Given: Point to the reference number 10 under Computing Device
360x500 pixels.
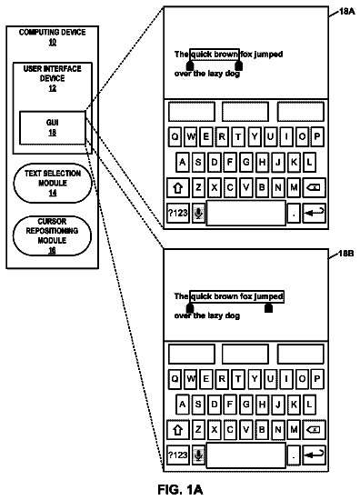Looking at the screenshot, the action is (x=53, y=42).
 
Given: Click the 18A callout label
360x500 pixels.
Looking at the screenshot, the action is (x=346, y=12).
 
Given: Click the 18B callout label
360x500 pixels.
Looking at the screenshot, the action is (x=346, y=254).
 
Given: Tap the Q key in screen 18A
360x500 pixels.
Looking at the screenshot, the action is (x=175, y=136).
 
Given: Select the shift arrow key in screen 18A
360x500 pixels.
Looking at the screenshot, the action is (x=178, y=187).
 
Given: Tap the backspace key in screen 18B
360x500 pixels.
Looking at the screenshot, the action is (x=314, y=430).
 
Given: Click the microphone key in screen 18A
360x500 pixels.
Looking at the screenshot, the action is (x=199, y=213).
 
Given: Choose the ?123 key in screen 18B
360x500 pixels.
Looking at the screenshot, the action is (x=178, y=455).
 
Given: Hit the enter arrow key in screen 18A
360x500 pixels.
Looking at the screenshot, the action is (x=314, y=213).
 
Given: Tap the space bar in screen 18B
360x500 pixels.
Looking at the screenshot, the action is (x=245, y=455).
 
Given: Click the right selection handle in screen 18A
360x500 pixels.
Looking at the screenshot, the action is (x=238, y=65).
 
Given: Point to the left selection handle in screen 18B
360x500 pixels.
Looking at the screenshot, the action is (x=190, y=308).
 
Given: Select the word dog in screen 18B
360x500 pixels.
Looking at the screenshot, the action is (x=233, y=316).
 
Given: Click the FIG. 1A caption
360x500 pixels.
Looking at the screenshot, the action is (x=180, y=489).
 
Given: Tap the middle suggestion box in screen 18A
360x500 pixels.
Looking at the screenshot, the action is (x=245, y=112).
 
